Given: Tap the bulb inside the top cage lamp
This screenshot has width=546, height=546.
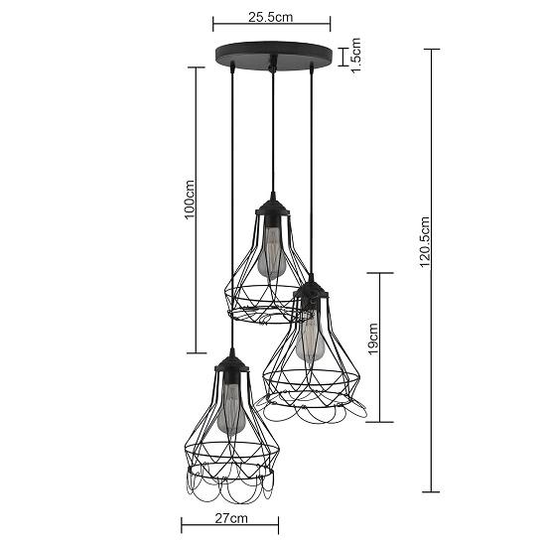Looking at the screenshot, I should point(269,252).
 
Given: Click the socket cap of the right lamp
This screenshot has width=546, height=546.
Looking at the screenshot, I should point(312,291).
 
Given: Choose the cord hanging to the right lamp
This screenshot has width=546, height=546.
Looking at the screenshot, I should point(312,169).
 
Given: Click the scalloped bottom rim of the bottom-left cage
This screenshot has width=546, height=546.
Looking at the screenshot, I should point(230,491).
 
